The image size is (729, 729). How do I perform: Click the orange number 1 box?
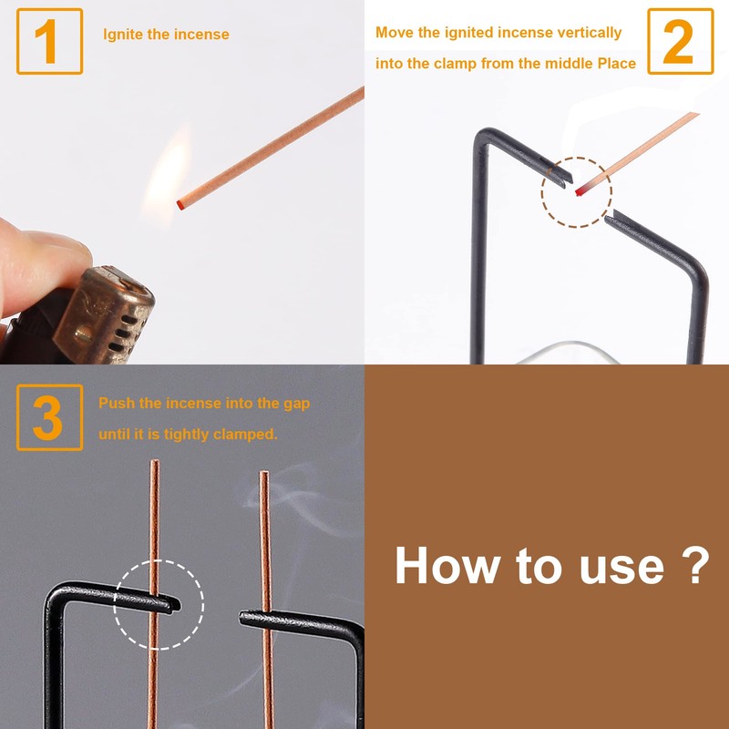tap(49, 41)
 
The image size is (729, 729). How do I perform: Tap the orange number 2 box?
tap(680, 41)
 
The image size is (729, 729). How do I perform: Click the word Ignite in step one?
tap(123, 35)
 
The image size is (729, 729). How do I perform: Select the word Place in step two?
tap(615, 63)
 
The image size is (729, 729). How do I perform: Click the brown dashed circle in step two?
tap(577, 192)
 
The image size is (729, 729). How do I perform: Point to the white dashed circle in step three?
tap(159, 604)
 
